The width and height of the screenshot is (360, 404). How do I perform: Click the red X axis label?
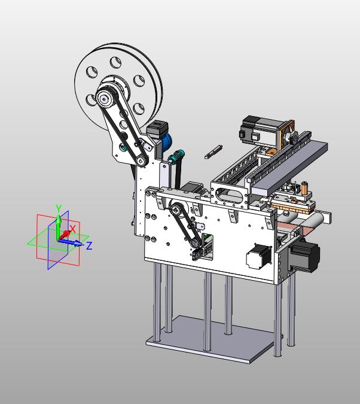coord(73,229)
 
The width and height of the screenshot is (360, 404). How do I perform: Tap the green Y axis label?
coord(59,208)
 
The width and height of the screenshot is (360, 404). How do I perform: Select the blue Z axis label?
coord(89,245)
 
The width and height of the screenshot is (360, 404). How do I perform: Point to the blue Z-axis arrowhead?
coord(78,243)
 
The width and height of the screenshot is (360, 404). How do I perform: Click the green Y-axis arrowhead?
coord(59,218)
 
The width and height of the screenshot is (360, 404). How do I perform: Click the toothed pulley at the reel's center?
coord(105,98)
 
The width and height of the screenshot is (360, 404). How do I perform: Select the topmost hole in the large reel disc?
coord(115,63)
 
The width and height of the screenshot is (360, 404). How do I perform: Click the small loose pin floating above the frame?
coord(213,152)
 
